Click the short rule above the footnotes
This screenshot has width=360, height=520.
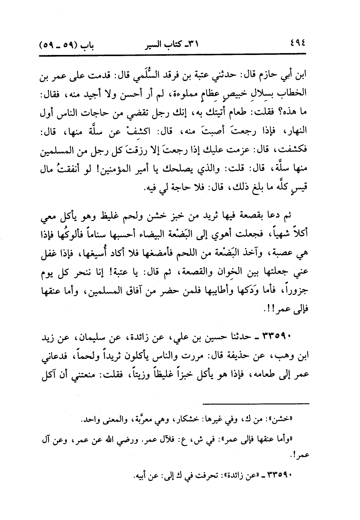coord(256,404)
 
